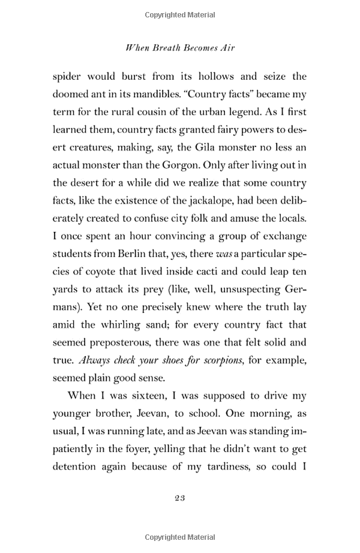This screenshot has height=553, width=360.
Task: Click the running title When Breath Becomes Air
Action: (x=180, y=47)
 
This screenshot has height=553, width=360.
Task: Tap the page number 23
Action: (x=180, y=497)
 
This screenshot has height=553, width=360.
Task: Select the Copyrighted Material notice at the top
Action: (x=180, y=12)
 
